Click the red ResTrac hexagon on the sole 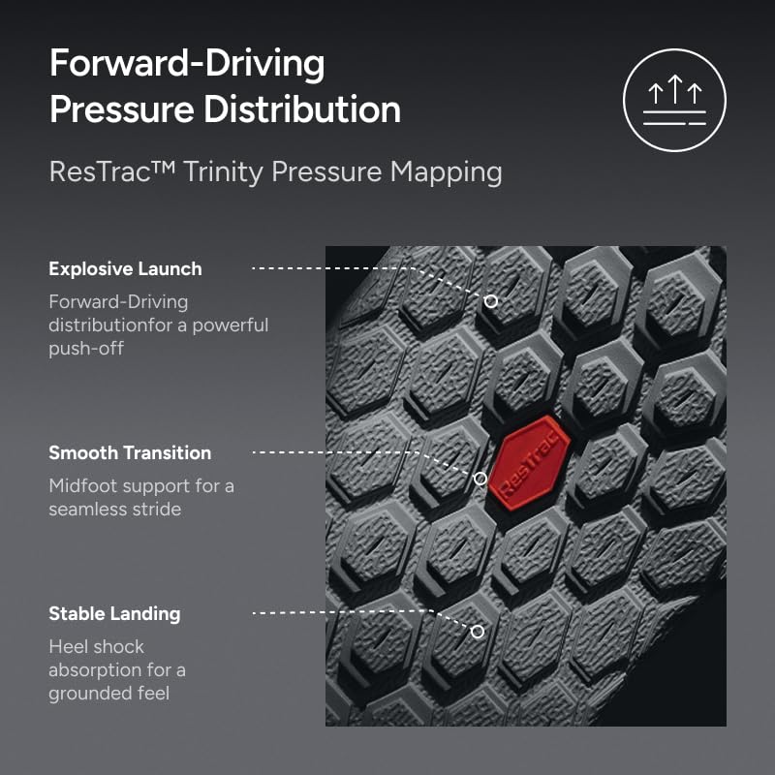coord(529,463)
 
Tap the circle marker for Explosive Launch coord(491,301)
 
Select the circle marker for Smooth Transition coord(480,479)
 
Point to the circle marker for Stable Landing coord(478,632)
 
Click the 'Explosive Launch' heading coord(126,269)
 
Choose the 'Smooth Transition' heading coord(130,452)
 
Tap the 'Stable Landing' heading coord(114,614)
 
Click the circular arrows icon coord(674,100)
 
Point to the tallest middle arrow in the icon coord(675,89)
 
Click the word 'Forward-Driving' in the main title coord(187,63)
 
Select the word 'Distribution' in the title coord(302,108)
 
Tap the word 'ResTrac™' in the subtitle coord(112,172)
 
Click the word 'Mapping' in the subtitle coord(446,173)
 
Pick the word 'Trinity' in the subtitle coord(224,173)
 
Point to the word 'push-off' coord(86,349)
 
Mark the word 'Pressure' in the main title coord(122,108)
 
